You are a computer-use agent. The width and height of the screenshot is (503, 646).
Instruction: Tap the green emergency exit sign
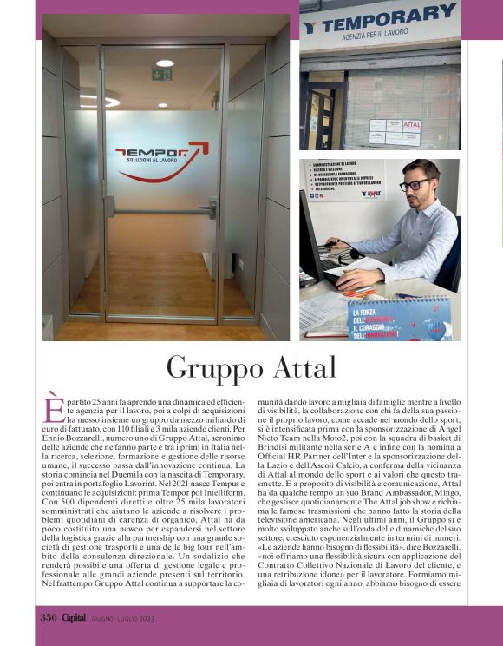(x=161, y=74)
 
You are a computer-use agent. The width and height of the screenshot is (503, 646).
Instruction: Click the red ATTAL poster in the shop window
(x=411, y=125)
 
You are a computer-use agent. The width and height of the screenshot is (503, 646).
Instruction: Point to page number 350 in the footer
(x=48, y=617)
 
